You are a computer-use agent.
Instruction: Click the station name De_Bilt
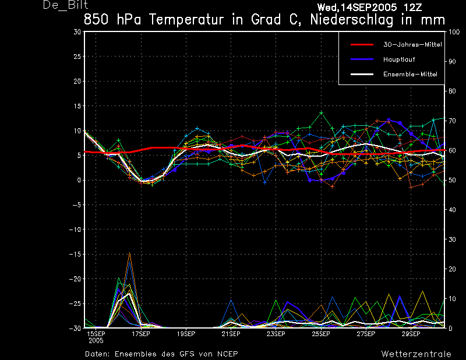[65, 5]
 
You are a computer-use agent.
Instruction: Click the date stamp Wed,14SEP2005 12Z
[369, 8]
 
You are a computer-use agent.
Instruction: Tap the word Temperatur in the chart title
[186, 20]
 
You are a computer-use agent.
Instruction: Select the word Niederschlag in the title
[352, 20]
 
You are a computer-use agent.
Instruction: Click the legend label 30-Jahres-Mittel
[412, 45]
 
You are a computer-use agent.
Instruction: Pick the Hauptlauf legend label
[399, 59]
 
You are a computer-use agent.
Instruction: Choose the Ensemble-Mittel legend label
[410, 74]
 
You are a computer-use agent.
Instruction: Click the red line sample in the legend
[362, 45]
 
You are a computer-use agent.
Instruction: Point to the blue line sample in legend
[362, 59]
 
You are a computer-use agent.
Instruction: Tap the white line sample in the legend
[362, 74]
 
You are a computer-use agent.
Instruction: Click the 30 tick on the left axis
[77, 32]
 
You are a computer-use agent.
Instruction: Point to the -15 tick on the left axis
[75, 254]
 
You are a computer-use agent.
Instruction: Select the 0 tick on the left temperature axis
[79, 180]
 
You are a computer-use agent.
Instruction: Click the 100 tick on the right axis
[454, 32]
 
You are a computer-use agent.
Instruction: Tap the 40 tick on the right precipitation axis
[452, 210]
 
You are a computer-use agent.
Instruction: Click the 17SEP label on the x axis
[141, 334]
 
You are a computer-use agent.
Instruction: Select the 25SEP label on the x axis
[321, 334]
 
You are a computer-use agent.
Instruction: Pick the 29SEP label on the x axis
[411, 334]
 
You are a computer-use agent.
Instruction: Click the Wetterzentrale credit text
[416, 354]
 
